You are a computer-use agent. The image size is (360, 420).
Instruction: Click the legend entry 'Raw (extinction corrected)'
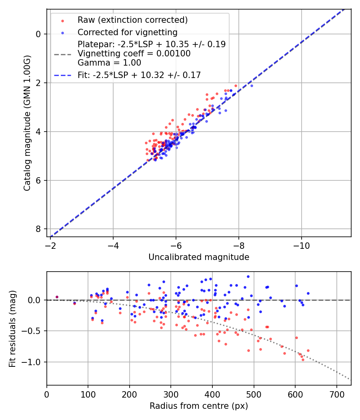point(132,20)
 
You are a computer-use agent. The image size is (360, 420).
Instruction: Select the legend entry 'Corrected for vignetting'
point(127,32)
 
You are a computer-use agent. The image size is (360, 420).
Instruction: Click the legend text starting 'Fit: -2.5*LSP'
point(139,75)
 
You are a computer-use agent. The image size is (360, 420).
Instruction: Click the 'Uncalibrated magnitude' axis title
point(199,257)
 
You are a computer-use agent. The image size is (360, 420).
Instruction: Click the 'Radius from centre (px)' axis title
point(199,406)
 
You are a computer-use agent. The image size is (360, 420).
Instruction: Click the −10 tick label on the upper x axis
point(302,246)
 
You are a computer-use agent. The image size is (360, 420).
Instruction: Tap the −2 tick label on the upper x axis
point(50,246)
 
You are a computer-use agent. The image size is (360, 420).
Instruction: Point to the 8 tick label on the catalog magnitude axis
point(38,229)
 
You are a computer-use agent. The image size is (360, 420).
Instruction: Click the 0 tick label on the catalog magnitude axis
point(38,34)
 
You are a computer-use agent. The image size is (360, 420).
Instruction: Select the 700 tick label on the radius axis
point(336,394)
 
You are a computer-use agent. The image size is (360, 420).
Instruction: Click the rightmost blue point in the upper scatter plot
point(252,86)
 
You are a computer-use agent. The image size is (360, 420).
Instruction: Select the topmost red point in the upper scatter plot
point(236,86)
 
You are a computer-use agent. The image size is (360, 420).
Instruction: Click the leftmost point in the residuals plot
point(57,297)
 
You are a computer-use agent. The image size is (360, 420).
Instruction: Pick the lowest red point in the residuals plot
point(303,360)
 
